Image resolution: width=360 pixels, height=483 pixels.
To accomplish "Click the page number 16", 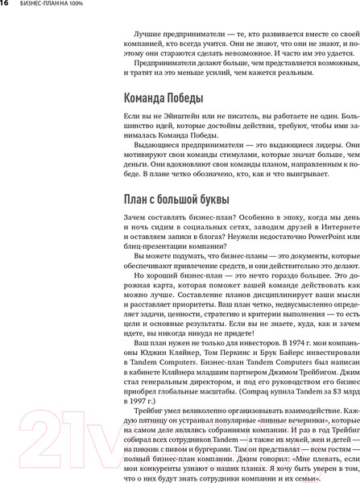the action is [x=6, y=6].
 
